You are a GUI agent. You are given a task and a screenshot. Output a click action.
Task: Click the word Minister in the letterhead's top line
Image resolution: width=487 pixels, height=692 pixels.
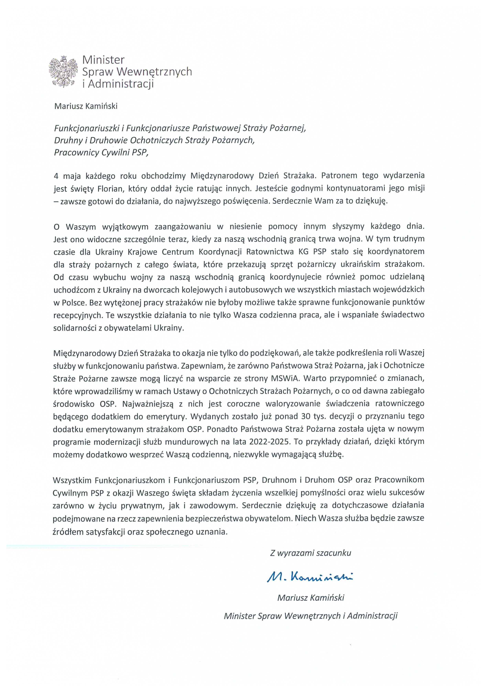tap(103, 60)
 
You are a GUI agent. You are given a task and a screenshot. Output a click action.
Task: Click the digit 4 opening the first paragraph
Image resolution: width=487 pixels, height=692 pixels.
tap(56, 175)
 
